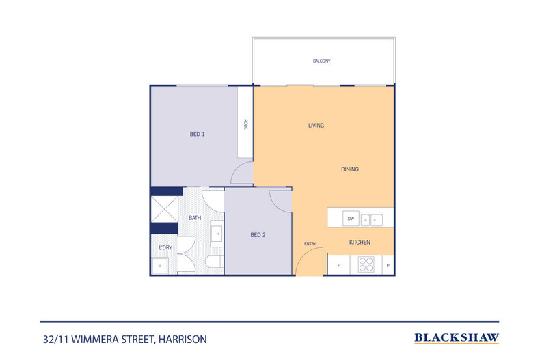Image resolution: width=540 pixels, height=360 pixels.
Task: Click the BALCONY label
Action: click(322, 61)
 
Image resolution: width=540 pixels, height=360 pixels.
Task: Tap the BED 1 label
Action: click(198, 134)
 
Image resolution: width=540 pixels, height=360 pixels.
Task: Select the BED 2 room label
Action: click(258, 235)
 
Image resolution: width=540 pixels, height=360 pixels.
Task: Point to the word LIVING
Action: click(316, 126)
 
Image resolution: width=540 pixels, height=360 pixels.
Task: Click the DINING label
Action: click(350, 169)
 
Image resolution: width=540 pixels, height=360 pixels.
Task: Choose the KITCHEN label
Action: click(360, 243)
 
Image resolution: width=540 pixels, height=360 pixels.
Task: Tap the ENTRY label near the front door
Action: click(310, 244)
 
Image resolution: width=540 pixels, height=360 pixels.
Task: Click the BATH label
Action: click(195, 218)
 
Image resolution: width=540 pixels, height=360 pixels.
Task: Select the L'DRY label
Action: click(165, 247)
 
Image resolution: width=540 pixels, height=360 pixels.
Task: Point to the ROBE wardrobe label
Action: click(245, 124)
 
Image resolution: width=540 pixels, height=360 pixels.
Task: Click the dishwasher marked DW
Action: click(351, 219)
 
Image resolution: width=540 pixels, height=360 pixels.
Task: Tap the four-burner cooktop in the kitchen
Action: click(366, 264)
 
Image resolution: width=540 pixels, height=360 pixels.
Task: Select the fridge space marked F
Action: click(338, 265)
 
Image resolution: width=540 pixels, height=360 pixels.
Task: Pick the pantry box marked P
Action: click(388, 265)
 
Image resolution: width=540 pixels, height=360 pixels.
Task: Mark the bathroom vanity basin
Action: click(217, 234)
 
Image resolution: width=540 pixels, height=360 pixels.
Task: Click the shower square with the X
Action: click(165, 209)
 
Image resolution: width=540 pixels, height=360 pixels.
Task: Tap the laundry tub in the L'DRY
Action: click(160, 266)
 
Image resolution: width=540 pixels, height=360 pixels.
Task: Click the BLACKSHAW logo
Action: click(457, 338)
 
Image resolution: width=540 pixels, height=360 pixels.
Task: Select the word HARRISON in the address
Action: click(183, 340)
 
